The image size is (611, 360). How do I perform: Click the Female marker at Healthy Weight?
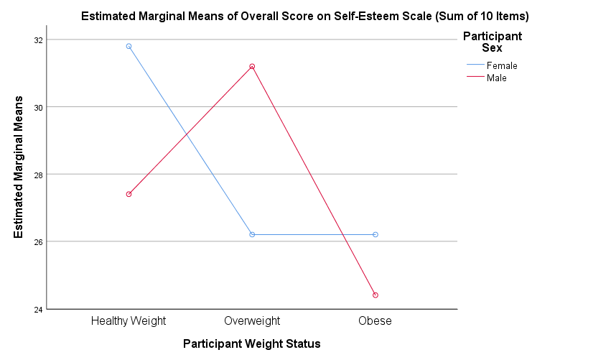click(129, 46)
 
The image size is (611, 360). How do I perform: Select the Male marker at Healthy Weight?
click(129, 194)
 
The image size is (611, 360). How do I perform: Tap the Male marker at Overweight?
click(252, 66)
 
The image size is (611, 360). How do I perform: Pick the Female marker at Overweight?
click(252, 234)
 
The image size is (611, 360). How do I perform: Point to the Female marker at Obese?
click(376, 234)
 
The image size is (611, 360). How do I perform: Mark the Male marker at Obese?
click(376, 295)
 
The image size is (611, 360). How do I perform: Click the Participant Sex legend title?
click(492, 42)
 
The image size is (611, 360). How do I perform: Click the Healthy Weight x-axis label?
click(129, 320)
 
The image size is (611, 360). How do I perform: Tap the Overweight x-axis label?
click(252, 320)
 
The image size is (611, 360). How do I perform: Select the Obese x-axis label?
click(376, 320)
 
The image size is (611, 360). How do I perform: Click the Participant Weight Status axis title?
click(251, 343)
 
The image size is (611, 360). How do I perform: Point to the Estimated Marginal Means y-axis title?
click(19, 167)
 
